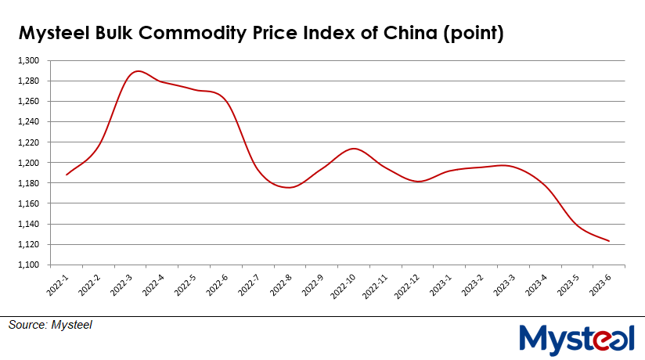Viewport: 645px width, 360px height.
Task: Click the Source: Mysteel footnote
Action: point(51,324)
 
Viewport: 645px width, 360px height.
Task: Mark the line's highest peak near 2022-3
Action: point(138,71)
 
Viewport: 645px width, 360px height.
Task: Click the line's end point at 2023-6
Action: point(610,241)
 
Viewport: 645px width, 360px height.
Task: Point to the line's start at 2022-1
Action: point(67,175)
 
